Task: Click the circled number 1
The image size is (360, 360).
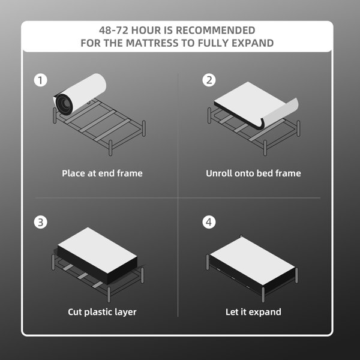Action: click(x=40, y=80)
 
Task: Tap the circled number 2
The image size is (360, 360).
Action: click(x=209, y=80)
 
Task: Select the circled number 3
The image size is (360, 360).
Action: click(x=40, y=223)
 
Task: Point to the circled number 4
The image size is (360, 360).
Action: click(x=209, y=223)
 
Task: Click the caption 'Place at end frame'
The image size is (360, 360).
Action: click(x=102, y=173)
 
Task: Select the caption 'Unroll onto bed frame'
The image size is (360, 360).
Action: click(x=253, y=173)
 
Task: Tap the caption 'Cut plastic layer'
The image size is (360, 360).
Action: click(x=102, y=312)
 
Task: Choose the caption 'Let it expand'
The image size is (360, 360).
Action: click(x=253, y=312)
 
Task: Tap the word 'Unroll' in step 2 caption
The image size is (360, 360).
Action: click(x=219, y=173)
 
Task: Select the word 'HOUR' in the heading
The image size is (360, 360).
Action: click(x=149, y=30)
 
